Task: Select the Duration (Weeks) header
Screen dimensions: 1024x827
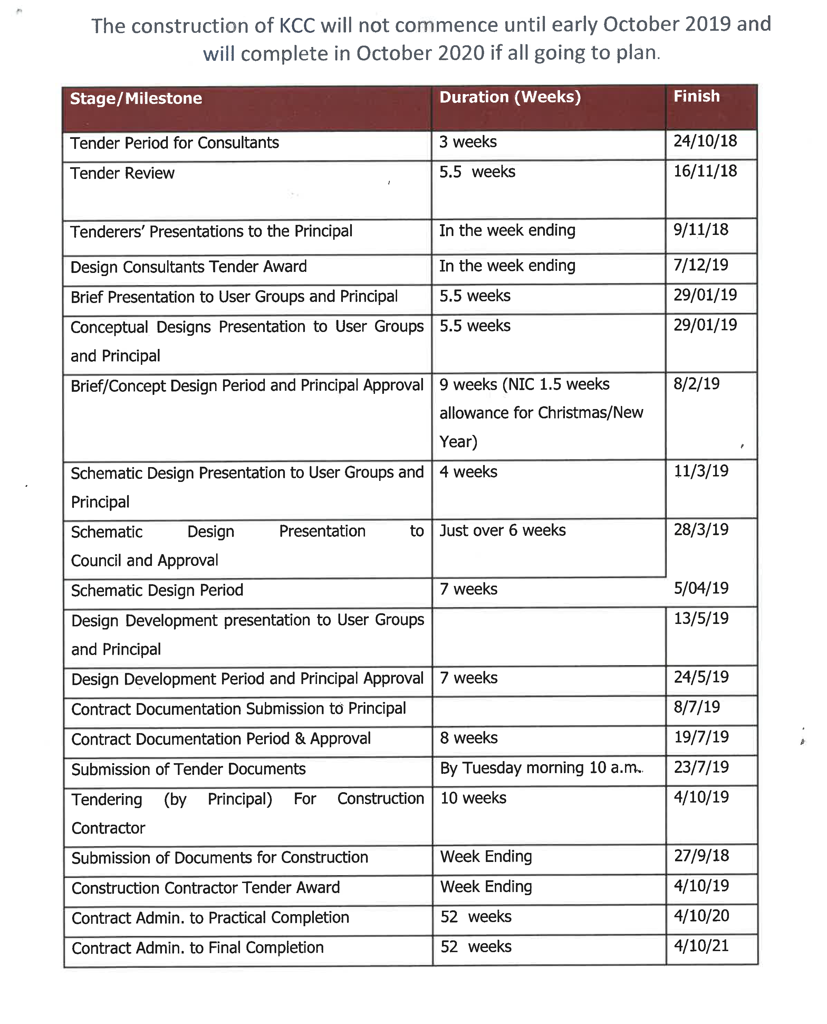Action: (510, 97)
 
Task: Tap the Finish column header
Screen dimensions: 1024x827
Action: (696, 96)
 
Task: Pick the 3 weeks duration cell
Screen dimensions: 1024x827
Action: (468, 142)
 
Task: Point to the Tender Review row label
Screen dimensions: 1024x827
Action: (123, 173)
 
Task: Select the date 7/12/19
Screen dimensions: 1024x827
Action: (700, 265)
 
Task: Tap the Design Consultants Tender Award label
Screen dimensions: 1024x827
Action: (189, 267)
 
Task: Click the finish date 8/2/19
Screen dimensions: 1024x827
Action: (696, 383)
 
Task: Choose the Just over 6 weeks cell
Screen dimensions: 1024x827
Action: (502, 530)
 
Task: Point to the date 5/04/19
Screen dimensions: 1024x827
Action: (701, 588)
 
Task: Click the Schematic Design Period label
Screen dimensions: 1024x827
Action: (157, 590)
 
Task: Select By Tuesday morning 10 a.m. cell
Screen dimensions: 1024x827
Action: (541, 768)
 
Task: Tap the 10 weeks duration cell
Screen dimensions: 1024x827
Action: (473, 798)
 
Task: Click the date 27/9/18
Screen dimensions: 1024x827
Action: (701, 856)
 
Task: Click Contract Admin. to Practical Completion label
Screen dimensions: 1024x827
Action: (210, 918)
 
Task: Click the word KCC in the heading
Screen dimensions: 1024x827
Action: (297, 26)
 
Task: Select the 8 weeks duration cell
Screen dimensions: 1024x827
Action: (469, 738)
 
